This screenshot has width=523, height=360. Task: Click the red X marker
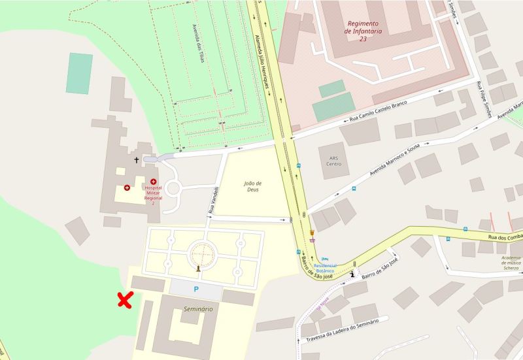pos(125,300)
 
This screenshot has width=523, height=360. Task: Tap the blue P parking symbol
pos(195,288)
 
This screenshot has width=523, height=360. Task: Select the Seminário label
pos(198,308)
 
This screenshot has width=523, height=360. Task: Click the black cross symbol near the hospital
pos(137,159)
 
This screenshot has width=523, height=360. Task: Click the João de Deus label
pos(252,186)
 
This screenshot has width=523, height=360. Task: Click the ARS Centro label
pos(333,161)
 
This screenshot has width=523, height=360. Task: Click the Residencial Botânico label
pos(325,269)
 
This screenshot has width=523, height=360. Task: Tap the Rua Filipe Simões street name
pos(484,99)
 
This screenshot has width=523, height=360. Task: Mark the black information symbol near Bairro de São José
pos(354,274)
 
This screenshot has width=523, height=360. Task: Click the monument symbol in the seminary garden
pos(197,268)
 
